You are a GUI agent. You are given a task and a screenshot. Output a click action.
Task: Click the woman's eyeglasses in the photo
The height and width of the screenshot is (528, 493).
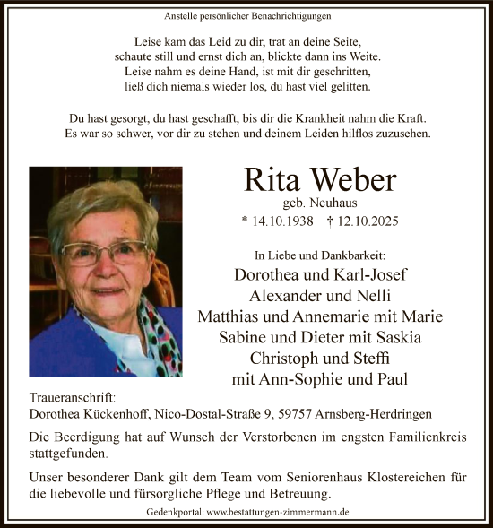point(105,252)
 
